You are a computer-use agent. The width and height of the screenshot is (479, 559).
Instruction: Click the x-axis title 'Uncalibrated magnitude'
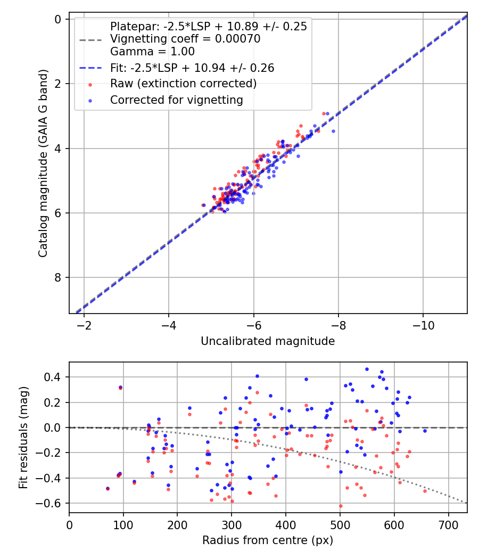(x=268, y=341)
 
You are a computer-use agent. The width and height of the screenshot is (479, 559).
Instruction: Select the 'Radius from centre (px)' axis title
(x=268, y=540)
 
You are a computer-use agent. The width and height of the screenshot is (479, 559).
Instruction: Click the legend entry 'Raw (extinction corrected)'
(x=183, y=84)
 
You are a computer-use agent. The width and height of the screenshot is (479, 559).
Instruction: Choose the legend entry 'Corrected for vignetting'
(x=176, y=100)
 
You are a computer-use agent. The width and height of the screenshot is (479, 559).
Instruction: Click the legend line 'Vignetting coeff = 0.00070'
(x=185, y=39)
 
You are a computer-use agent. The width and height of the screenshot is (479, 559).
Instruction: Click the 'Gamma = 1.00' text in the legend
(x=152, y=52)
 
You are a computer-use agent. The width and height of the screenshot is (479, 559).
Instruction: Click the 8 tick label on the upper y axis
(x=59, y=277)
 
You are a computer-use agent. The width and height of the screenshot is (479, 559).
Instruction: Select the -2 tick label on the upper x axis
(x=84, y=324)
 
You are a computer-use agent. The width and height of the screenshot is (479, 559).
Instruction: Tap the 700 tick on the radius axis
(x=449, y=524)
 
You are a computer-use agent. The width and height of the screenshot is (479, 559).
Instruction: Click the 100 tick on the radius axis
(x=123, y=524)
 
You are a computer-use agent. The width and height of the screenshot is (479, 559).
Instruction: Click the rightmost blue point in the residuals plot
(x=425, y=431)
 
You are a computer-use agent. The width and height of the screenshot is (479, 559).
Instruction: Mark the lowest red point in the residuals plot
(x=341, y=506)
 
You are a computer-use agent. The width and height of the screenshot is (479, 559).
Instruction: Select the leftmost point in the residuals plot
(x=108, y=488)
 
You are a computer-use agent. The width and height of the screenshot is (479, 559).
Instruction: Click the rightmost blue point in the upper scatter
(x=333, y=131)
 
